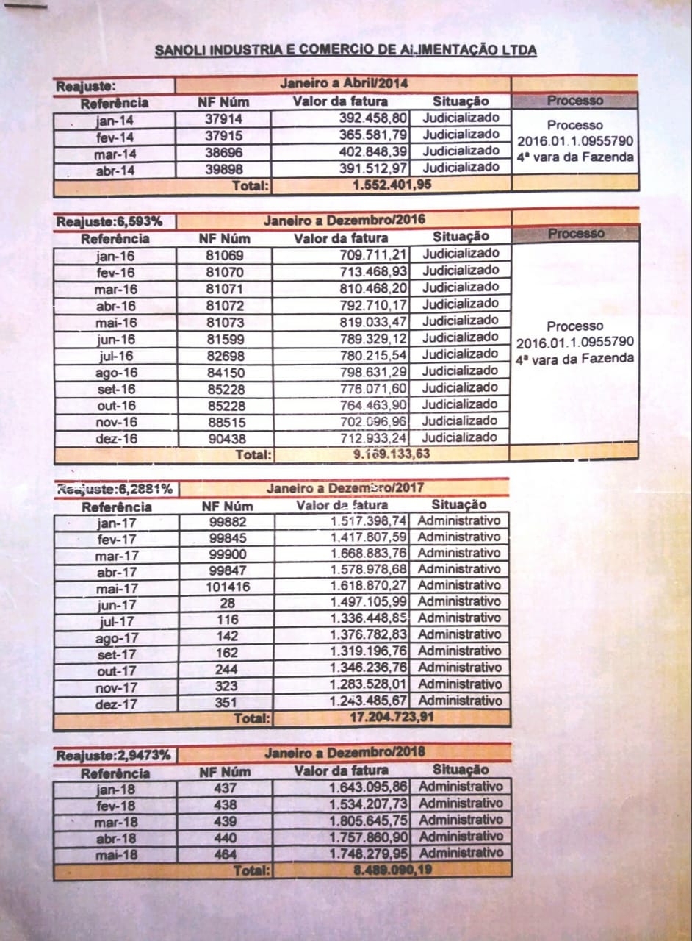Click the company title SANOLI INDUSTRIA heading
(x=345, y=51)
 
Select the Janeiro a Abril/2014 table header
(x=344, y=84)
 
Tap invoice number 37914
(x=224, y=119)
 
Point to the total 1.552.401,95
(x=391, y=185)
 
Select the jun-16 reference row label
(x=115, y=340)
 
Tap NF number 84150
(x=224, y=373)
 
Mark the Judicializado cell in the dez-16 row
(x=460, y=437)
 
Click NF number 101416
(x=227, y=587)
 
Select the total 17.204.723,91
(x=392, y=718)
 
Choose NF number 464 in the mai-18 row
(x=226, y=854)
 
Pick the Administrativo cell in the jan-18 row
(x=461, y=787)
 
